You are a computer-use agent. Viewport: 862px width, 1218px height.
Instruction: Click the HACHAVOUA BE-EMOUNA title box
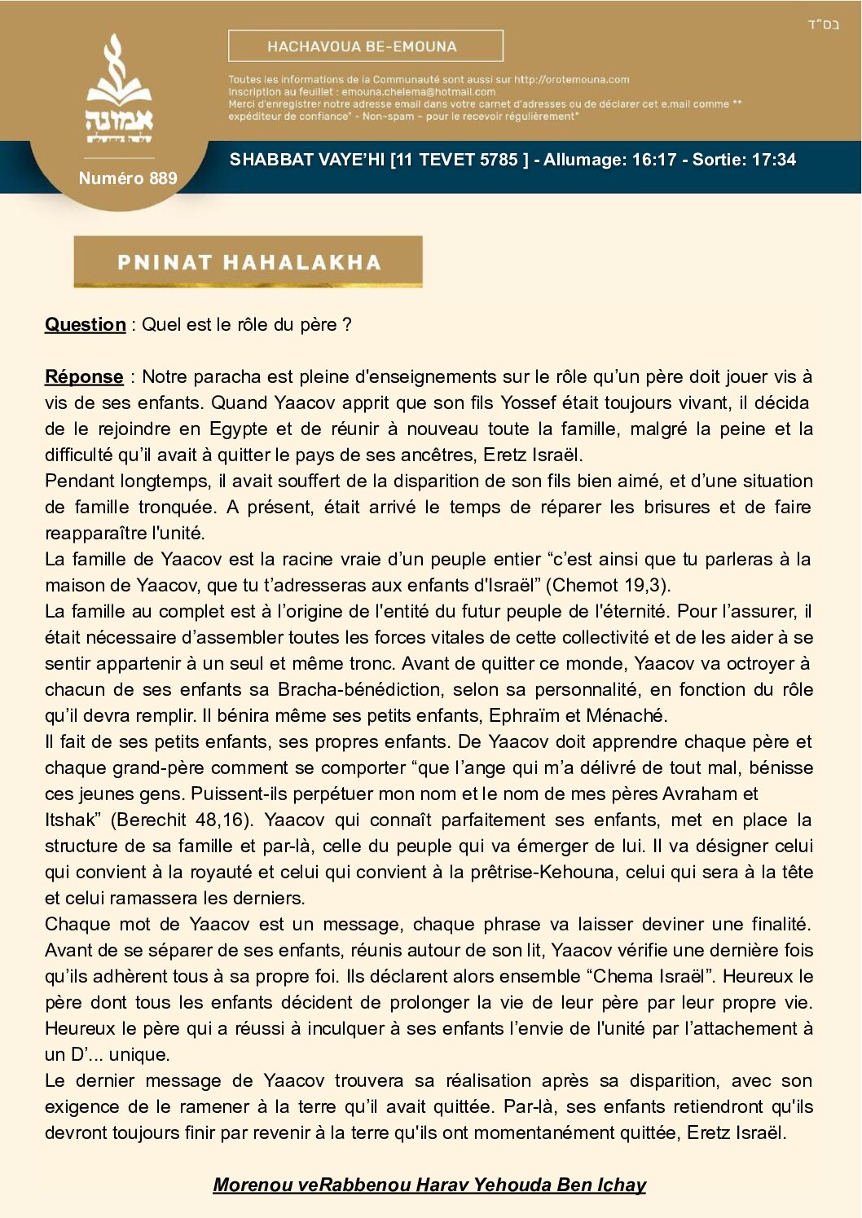pos(365,46)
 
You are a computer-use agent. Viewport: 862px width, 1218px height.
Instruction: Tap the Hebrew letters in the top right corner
pos(822,24)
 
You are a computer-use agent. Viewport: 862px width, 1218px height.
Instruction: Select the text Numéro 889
pos(128,178)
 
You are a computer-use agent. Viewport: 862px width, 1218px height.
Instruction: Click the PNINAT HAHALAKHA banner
pos(248,262)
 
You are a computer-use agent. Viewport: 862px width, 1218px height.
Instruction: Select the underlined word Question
pos(86,324)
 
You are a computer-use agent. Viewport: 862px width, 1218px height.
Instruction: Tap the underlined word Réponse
pos(84,376)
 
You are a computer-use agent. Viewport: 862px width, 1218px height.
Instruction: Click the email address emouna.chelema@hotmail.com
pos(418,92)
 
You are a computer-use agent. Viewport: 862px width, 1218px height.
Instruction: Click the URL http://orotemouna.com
pos(571,80)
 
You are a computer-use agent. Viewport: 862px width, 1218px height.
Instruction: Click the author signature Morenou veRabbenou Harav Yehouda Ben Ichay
pos(429,1185)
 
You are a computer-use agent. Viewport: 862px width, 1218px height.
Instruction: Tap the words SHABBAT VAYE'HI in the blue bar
pos(306,160)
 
